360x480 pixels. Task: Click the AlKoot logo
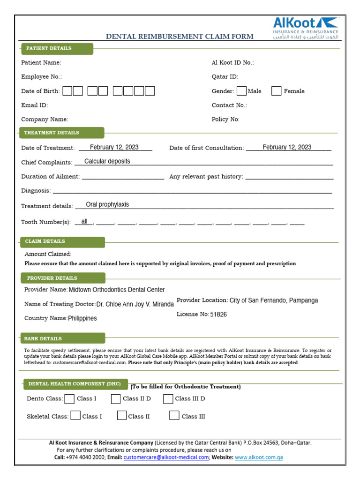point(305,28)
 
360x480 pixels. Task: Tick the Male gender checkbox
point(241,91)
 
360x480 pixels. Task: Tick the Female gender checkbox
point(277,91)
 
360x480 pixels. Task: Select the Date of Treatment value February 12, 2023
point(114,147)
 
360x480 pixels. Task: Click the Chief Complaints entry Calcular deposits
point(107,161)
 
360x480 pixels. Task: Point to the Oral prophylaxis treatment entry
point(107,204)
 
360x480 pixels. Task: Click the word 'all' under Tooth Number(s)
point(84,221)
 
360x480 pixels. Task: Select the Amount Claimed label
point(48,254)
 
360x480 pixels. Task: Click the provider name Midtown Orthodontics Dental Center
point(117,290)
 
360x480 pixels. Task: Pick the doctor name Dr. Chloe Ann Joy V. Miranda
point(135,304)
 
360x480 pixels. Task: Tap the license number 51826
point(218,315)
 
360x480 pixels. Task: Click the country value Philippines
point(82,318)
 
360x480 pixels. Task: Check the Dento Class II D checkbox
point(116,399)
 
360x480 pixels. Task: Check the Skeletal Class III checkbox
point(174,415)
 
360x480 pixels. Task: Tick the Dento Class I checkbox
point(69,399)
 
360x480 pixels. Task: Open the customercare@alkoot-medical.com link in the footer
point(166,457)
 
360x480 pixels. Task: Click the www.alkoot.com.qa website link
point(259,457)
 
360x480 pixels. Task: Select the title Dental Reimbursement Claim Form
point(180,36)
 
